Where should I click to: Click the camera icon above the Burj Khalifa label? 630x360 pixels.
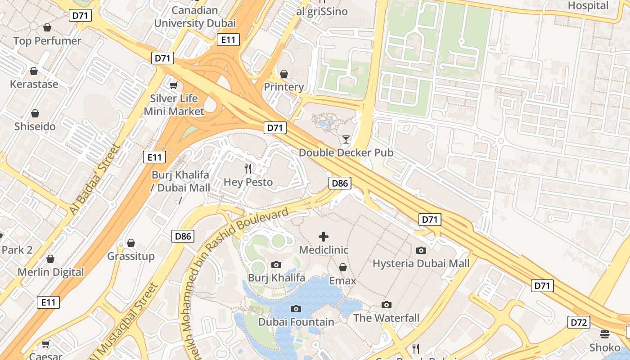(276, 265)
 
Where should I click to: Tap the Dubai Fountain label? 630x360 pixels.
(296, 322)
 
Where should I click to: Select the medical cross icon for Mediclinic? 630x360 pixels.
(324, 237)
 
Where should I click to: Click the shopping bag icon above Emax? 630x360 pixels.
(342, 268)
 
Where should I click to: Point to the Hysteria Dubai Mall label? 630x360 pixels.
(421, 263)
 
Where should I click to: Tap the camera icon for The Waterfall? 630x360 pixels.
(386, 305)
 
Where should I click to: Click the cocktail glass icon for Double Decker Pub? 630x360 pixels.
(346, 139)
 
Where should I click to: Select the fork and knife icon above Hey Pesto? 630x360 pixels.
(248, 169)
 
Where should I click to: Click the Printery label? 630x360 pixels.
(284, 87)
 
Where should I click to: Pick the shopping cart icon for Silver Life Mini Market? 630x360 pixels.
(174, 85)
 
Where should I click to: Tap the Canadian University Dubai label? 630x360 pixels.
(195, 17)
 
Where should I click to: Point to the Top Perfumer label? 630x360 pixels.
(47, 41)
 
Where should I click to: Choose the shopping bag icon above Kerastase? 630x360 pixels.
(34, 71)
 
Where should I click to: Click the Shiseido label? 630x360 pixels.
(35, 126)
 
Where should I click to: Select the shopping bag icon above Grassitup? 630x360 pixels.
(131, 243)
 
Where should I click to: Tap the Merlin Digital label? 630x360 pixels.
(50, 272)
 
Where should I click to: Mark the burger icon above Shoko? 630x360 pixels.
(605, 334)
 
